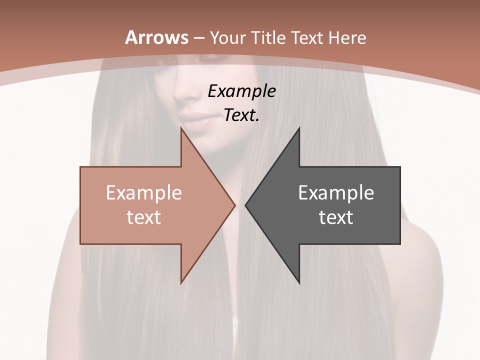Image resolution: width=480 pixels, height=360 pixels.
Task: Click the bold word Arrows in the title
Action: click(157, 37)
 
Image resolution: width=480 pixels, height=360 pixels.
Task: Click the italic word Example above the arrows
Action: click(242, 91)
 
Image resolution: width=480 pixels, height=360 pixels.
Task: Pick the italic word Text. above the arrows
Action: click(242, 115)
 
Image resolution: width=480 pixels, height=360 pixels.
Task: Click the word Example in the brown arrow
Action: click(144, 192)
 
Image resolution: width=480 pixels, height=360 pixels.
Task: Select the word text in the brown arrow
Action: click(144, 217)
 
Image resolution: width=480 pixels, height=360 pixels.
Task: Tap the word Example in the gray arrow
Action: click(336, 192)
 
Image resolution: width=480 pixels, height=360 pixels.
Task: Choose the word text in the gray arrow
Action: click(336, 217)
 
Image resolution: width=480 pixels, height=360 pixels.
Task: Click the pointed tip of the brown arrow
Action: click(234, 205)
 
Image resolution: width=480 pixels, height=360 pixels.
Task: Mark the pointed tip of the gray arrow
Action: click(246, 205)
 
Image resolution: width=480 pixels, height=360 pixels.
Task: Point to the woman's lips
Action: click(196, 120)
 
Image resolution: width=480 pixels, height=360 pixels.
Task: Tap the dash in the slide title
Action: click(198, 38)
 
